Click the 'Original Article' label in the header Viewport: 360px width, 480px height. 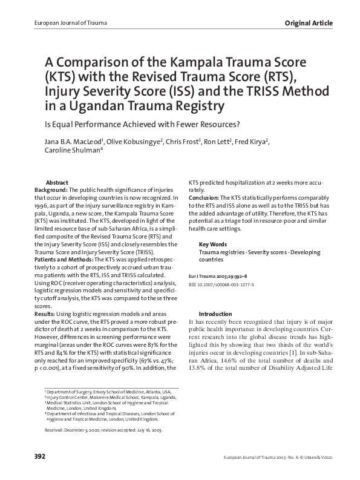pyautogui.click(x=309, y=23)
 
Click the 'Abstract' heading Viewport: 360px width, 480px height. pyautogui.click(x=57, y=182)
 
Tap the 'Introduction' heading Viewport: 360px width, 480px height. pyautogui.click(x=215, y=314)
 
